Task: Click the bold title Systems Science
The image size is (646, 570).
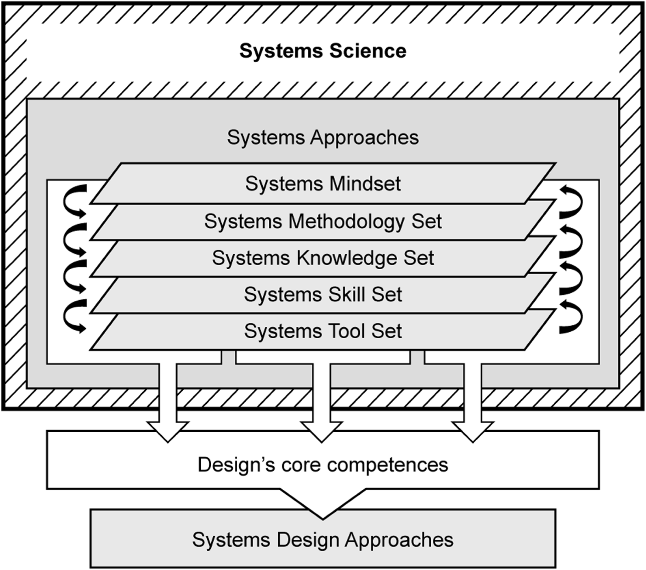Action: [323, 51]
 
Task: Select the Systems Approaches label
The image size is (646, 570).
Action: [323, 137]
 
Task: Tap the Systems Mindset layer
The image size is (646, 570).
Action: [323, 184]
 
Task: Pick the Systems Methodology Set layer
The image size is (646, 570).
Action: [323, 221]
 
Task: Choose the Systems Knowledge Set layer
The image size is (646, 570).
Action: [323, 258]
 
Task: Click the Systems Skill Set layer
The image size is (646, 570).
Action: [323, 295]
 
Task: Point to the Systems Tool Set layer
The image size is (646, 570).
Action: [323, 331]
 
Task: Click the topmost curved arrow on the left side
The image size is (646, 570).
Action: [73, 201]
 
